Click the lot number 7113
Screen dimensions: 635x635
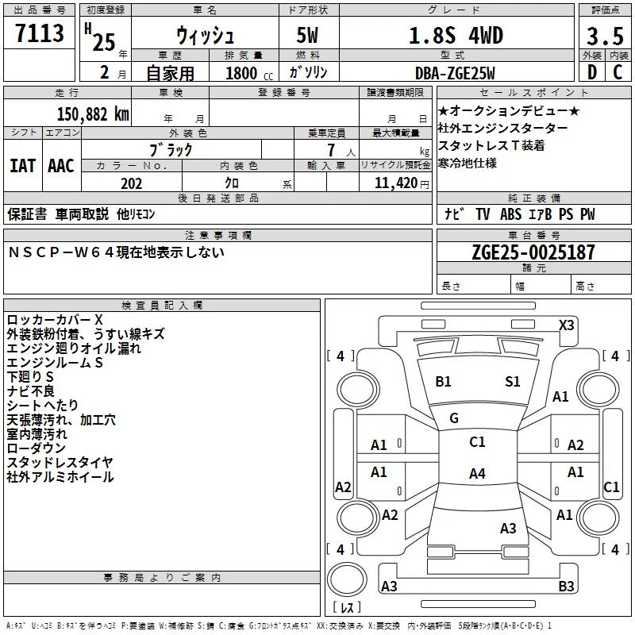[40, 34]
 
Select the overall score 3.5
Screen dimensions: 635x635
[605, 37]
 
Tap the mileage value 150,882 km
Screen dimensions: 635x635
[93, 114]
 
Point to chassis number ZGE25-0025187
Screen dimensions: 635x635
[533, 252]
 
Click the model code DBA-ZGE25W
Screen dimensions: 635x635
[455, 73]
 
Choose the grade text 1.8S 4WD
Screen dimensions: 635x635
[456, 36]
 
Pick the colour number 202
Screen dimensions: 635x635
[131, 183]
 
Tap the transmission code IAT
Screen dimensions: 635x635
[22, 166]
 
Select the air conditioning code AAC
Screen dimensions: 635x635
[60, 166]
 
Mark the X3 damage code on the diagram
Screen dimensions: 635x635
[566, 325]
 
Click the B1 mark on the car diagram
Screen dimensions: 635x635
[443, 382]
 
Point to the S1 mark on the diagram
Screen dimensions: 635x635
[513, 382]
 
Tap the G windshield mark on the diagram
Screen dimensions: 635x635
[454, 418]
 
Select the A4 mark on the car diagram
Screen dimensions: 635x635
[476, 474]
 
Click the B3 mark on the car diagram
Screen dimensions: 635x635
[565, 587]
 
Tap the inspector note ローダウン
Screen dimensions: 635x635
[37, 448]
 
